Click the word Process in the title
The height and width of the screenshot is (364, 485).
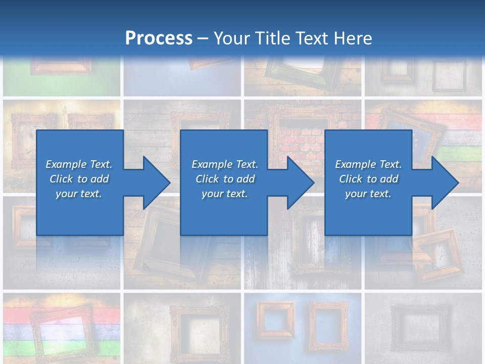tap(158, 38)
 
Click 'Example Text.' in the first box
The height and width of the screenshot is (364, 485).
tap(79, 164)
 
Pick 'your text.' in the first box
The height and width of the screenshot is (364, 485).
tap(79, 194)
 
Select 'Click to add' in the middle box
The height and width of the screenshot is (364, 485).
tap(225, 179)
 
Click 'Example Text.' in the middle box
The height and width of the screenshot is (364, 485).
tap(225, 164)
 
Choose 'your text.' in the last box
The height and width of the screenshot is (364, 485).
tap(368, 194)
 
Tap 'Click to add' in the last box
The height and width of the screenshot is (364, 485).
tap(368, 179)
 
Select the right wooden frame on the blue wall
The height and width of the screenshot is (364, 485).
tap(328, 324)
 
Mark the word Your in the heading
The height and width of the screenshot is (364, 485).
tap(234, 38)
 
